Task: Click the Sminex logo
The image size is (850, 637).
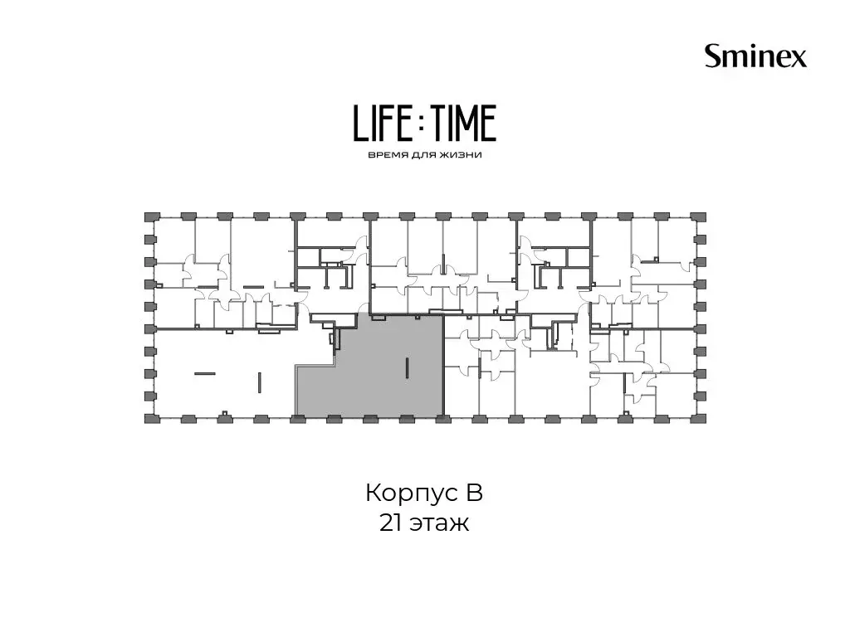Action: coord(755,56)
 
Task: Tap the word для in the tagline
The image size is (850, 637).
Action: coord(421,155)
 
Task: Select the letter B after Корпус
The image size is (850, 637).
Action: coord(471,493)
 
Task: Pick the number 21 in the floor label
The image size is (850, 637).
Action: coord(390,523)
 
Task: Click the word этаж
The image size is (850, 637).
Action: coord(439,525)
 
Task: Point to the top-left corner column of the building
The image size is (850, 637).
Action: coord(150,217)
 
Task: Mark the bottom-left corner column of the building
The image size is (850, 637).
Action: coord(150,418)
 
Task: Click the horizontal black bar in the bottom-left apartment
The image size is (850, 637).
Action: coord(205,373)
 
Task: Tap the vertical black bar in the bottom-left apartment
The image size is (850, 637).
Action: coord(260,382)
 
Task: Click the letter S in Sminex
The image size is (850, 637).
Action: coord(713,56)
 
